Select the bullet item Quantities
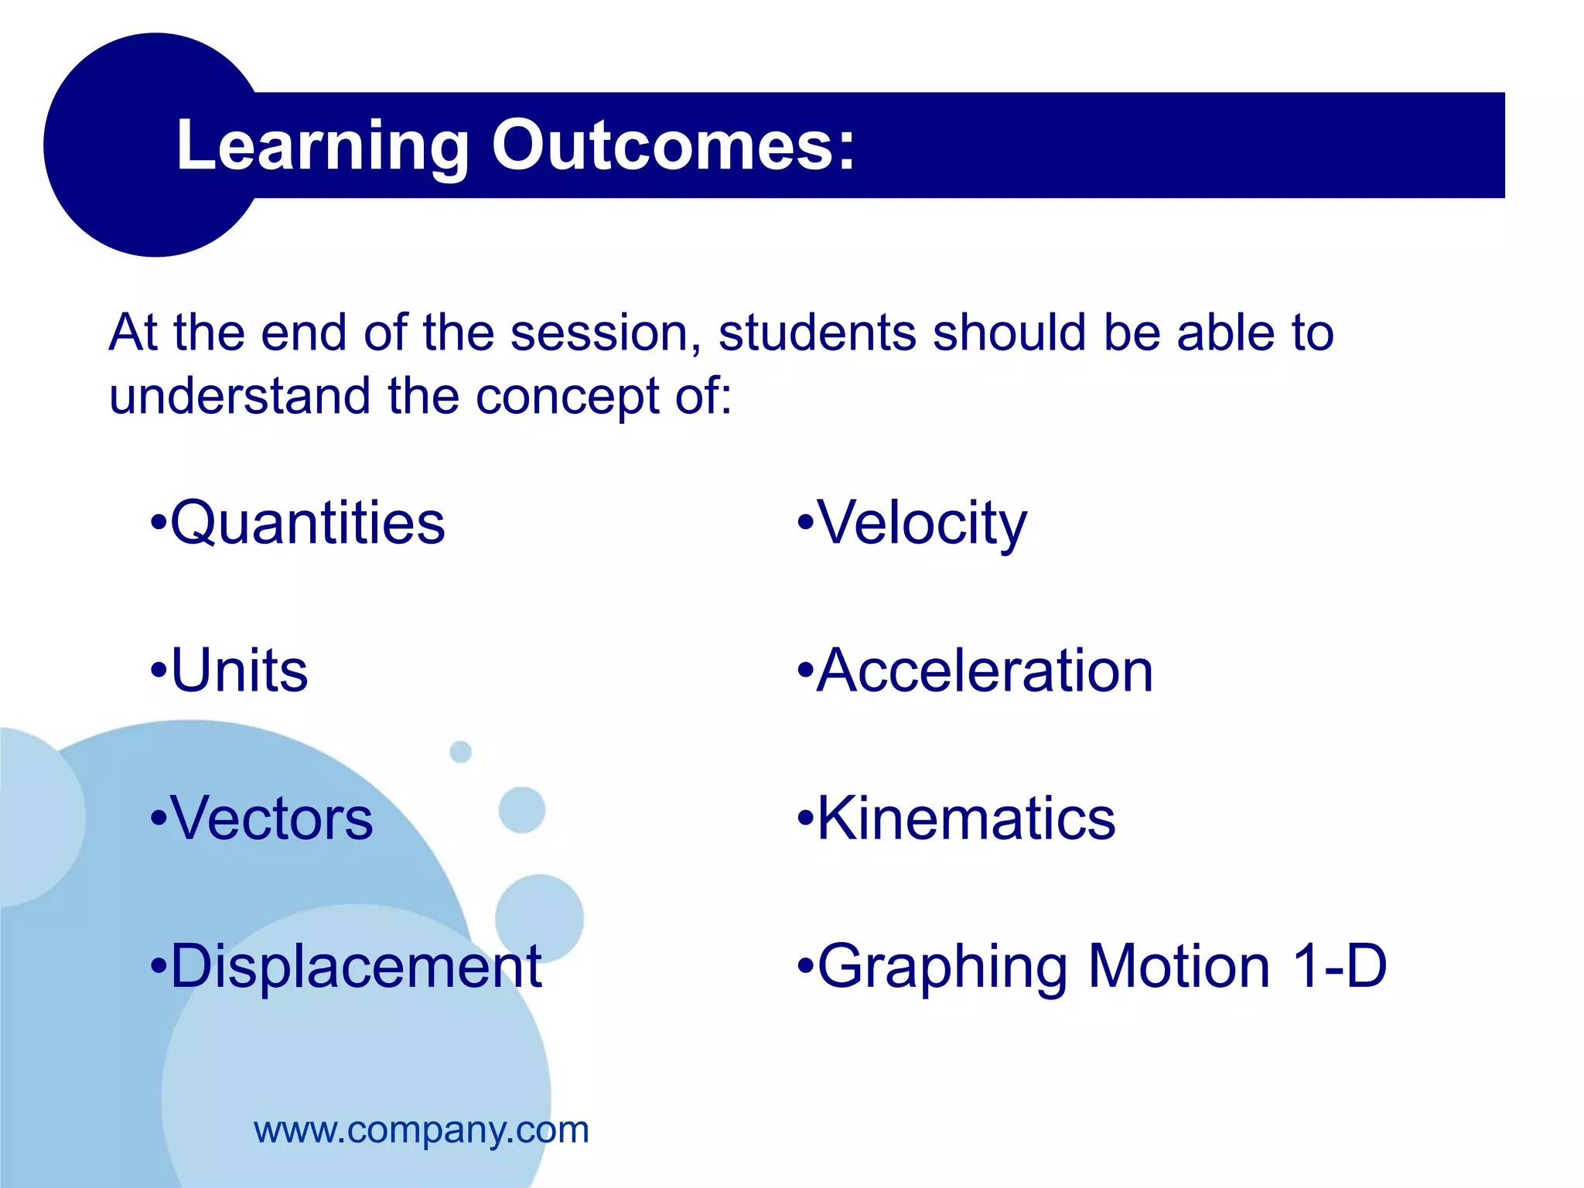pyautogui.click(x=307, y=524)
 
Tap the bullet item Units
pyautogui.click(x=239, y=671)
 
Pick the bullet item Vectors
pyautogui.click(x=271, y=818)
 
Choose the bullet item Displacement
pyautogui.click(x=356, y=966)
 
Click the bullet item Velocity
pyautogui.click(x=922, y=524)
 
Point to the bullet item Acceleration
pyautogui.click(x=985, y=671)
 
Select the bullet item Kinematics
pyautogui.click(x=966, y=818)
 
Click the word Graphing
pyautogui.click(x=942, y=968)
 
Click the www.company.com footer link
pyautogui.click(x=422, y=1130)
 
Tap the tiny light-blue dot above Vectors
pyautogui.click(x=460, y=751)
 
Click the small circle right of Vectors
pyautogui.click(x=522, y=810)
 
